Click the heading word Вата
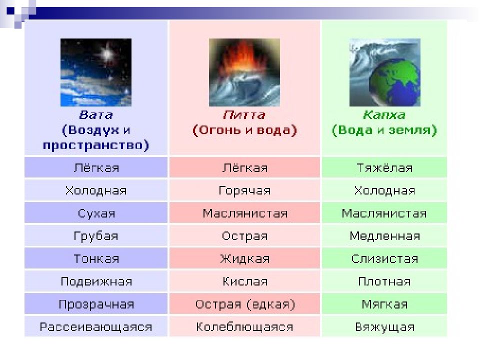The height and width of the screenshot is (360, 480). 96,115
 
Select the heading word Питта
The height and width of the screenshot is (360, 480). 244,115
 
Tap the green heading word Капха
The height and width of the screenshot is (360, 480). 384,115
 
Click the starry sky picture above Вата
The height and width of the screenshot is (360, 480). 96,72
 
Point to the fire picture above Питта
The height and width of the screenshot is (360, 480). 244,72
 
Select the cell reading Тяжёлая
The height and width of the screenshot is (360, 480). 384,167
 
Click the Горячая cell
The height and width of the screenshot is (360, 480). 244,190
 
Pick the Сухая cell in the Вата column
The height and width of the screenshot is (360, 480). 96,213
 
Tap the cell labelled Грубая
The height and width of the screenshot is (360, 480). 96,235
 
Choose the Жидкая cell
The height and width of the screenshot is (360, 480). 244,258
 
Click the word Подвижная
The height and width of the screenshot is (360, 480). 96,281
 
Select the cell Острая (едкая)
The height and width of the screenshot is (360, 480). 244,304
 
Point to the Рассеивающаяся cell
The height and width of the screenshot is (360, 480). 96,326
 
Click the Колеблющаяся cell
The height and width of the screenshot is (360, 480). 244,326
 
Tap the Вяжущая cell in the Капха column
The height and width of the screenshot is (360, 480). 384,326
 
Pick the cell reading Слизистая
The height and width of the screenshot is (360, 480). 384,258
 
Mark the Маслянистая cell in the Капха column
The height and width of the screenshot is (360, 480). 384,213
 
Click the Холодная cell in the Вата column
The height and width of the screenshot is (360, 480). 96,190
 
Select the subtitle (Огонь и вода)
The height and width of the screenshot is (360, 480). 244,130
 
